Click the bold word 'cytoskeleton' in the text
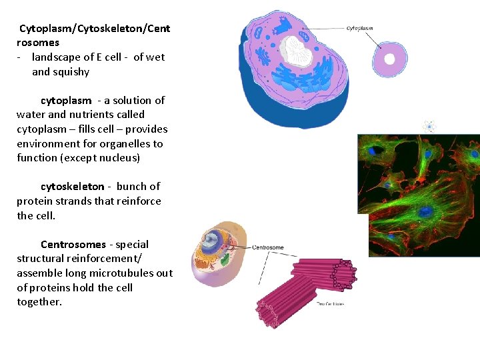pos(72,187)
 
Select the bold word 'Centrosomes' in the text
pos(73,245)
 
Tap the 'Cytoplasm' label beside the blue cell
pos(360,29)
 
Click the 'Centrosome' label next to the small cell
pos(267,247)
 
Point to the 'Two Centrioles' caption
pos(330,304)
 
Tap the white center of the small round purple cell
pos(389,59)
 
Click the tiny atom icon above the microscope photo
pos(430,126)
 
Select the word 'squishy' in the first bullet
pos(71,72)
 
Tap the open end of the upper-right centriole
pos(344,273)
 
